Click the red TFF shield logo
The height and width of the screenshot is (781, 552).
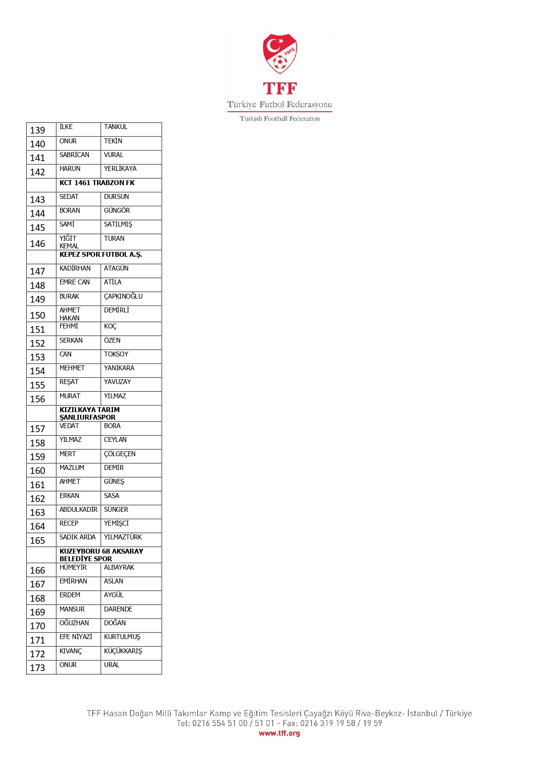[280, 54]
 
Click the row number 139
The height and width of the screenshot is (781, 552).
[38, 130]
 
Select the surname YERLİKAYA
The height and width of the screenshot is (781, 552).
[120, 169]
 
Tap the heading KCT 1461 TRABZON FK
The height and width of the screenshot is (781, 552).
[97, 183]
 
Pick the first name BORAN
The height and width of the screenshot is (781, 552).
[70, 210]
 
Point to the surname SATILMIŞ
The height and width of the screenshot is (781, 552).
[118, 225]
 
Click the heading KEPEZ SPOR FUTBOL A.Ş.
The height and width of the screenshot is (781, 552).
[101, 255]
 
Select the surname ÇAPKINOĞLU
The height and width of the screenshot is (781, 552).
[123, 296]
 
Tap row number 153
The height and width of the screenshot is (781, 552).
[38, 357]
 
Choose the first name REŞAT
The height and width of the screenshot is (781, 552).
[69, 382]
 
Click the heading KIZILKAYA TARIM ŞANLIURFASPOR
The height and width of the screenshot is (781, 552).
[89, 413]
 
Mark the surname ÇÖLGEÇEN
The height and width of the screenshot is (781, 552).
[120, 454]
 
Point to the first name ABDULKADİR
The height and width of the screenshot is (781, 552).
[78, 510]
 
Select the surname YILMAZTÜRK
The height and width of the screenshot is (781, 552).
[123, 537]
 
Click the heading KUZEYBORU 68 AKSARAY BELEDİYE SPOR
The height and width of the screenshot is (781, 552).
[101, 554]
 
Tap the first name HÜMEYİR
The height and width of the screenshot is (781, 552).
[73, 567]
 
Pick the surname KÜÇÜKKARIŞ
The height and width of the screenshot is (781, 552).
[123, 651]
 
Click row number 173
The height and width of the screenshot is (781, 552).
[38, 668]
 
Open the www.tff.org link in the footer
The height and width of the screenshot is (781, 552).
[279, 733]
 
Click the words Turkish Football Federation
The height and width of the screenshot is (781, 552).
[280, 119]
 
